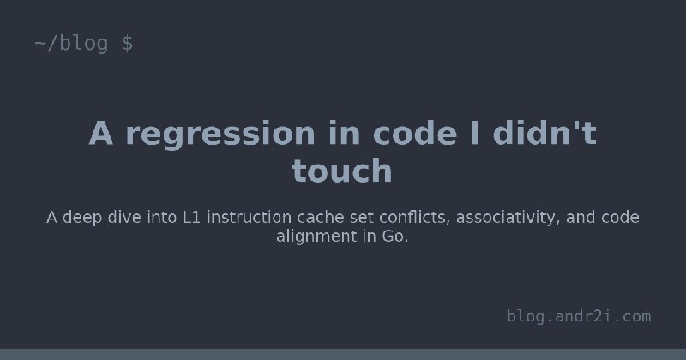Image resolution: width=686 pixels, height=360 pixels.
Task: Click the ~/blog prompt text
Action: (x=71, y=44)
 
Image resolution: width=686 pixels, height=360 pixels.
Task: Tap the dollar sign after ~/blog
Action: (x=127, y=44)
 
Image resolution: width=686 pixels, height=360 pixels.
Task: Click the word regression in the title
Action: (x=220, y=135)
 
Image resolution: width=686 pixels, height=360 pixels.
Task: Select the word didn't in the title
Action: (x=545, y=133)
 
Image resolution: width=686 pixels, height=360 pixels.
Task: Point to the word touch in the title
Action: (x=341, y=171)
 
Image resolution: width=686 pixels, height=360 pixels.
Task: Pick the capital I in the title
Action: (x=475, y=133)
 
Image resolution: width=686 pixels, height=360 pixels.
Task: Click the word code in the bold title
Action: (x=415, y=133)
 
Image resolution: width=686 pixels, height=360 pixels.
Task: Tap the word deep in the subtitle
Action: (x=82, y=218)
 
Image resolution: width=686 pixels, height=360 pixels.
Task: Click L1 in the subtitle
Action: (x=191, y=217)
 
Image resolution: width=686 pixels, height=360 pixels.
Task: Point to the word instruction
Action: (x=249, y=217)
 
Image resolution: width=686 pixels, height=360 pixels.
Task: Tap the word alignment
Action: (x=316, y=237)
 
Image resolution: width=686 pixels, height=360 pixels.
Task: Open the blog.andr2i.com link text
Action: (x=579, y=315)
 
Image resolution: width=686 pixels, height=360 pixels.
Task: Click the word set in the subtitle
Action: (x=362, y=218)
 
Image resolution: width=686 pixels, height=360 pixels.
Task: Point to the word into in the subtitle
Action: (x=162, y=217)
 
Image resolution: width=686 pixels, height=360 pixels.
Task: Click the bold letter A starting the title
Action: (x=101, y=133)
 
